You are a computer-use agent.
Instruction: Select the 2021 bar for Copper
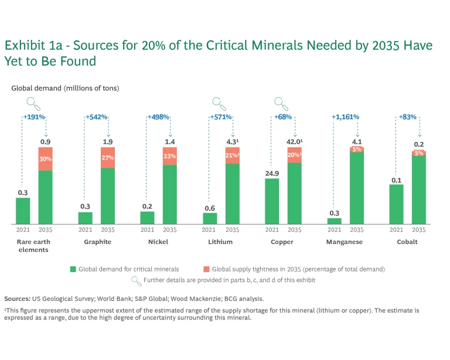tap(272, 201)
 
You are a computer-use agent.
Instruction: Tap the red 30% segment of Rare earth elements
tap(45, 159)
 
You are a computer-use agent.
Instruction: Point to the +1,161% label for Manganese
tap(346, 117)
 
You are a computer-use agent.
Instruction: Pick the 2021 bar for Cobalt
tap(396, 204)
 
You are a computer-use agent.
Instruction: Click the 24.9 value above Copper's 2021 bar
tap(272, 173)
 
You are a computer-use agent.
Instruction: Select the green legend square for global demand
tap(73, 269)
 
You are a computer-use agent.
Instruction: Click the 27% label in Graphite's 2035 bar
tap(108, 158)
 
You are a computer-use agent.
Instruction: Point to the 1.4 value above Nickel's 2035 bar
tap(169, 142)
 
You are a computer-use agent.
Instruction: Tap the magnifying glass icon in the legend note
tap(137, 280)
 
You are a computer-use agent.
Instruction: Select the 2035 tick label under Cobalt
tap(418, 230)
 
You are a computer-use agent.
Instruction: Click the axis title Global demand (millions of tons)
tap(65, 89)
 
